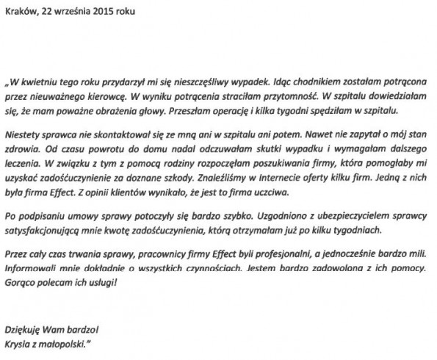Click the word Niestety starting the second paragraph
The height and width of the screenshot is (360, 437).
pyautogui.click(x=24, y=136)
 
